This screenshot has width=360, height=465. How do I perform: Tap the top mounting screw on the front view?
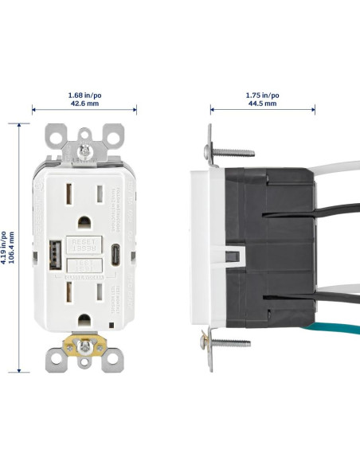[83, 149]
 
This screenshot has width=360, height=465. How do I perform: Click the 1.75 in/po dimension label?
[262, 95]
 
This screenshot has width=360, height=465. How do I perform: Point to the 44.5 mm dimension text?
[262, 104]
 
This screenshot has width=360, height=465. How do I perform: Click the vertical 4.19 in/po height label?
[5, 248]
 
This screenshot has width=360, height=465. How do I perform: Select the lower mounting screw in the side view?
[231, 343]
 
